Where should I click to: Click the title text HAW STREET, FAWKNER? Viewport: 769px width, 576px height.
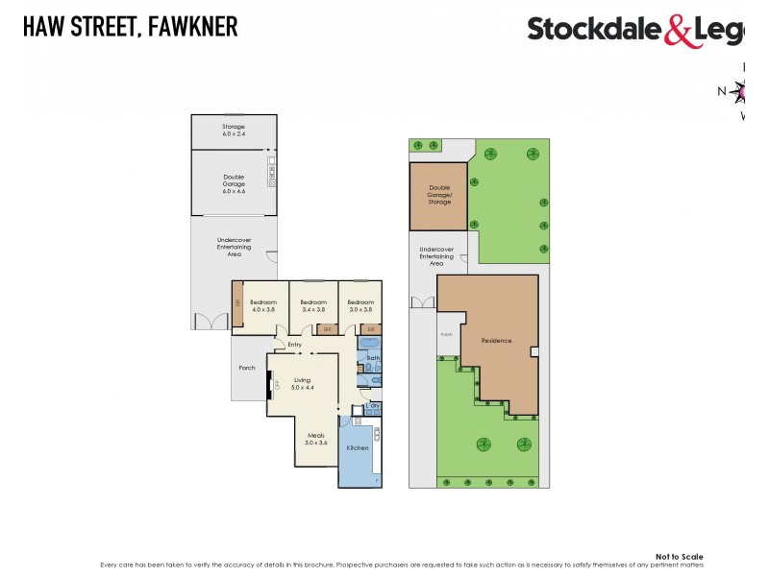[x=130, y=27]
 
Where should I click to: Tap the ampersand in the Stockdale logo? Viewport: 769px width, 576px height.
[x=678, y=31]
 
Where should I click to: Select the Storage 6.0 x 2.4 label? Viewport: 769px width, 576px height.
[x=234, y=131]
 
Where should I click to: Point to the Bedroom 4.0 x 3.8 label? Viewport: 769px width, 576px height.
[x=264, y=305]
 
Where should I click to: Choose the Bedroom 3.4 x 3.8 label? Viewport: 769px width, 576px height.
[x=314, y=305]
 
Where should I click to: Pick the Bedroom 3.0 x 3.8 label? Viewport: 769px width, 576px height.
[x=360, y=305]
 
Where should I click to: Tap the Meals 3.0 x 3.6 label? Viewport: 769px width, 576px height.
[x=316, y=440]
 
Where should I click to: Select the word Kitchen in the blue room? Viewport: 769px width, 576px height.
[x=358, y=448]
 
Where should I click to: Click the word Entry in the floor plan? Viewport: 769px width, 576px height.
[x=294, y=345]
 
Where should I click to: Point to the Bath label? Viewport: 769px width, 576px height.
[x=373, y=358]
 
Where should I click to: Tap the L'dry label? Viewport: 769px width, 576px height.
[x=373, y=406]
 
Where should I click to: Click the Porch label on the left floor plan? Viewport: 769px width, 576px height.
[x=246, y=368]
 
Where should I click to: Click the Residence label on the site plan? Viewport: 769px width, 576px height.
[x=497, y=341]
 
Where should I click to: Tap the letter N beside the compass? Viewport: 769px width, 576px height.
[x=722, y=91]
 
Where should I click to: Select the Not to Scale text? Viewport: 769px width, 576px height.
[x=679, y=557]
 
